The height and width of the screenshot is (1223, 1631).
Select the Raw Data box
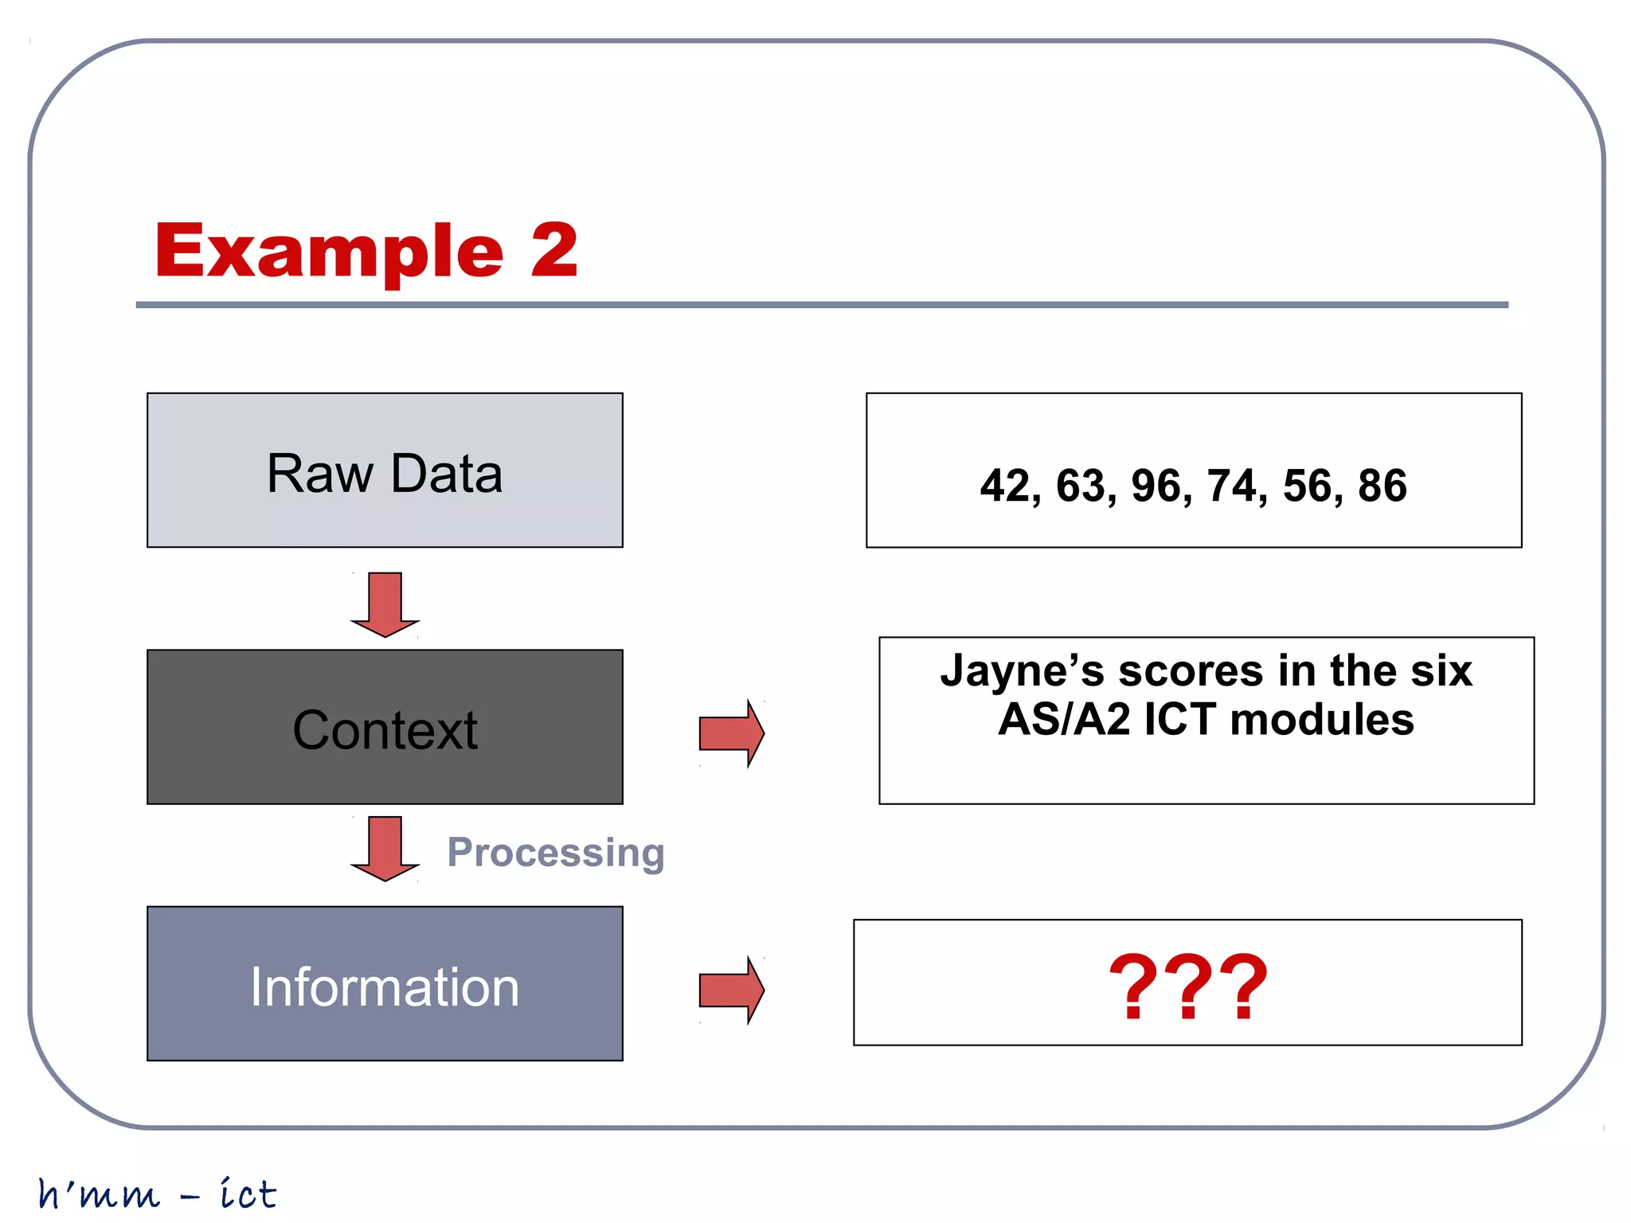click(x=385, y=471)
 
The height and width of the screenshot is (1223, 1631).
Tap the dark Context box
click(x=385, y=727)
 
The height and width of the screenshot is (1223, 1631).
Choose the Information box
click(x=385, y=984)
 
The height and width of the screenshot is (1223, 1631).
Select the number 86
click(x=1383, y=486)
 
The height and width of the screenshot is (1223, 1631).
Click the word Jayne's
click(x=1022, y=671)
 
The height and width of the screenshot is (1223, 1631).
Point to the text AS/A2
click(x=1064, y=720)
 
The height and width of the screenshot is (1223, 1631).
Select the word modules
click(x=1322, y=720)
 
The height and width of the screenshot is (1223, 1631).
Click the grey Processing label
click(x=556, y=852)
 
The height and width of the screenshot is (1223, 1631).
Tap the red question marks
click(x=1187, y=987)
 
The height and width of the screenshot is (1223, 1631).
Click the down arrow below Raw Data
click(x=385, y=604)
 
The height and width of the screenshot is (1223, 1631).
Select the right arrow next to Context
click(x=731, y=733)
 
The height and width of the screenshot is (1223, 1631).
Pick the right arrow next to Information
click(x=731, y=990)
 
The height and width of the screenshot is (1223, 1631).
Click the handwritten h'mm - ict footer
click(x=158, y=1194)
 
